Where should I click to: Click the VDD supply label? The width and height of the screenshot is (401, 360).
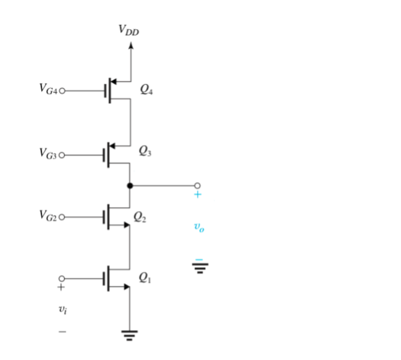coord(129,29)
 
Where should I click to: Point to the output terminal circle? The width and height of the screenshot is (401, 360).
coord(197,186)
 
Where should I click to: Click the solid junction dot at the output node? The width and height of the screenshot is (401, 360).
coord(130,186)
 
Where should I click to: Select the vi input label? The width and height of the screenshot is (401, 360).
coord(62,310)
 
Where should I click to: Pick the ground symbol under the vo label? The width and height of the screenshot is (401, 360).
coord(199,268)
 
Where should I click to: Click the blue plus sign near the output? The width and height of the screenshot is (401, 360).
coord(197,196)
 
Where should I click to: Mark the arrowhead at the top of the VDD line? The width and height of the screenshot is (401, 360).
coord(130,46)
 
